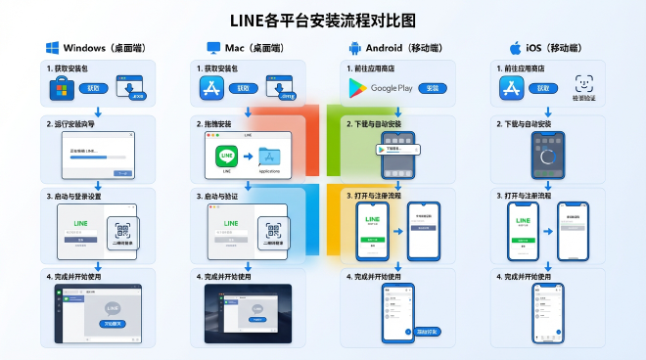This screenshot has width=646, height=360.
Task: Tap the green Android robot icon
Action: click(355, 48)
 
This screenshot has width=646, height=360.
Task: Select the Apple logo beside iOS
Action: click(514, 48)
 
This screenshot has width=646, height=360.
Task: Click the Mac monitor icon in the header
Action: click(212, 48)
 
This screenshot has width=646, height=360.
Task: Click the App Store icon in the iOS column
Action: click(516, 89)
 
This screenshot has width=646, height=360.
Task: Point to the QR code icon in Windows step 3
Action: click(124, 232)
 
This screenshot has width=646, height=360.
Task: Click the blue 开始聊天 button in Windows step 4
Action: click(113, 324)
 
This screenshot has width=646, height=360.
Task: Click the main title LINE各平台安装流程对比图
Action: click(323, 19)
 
